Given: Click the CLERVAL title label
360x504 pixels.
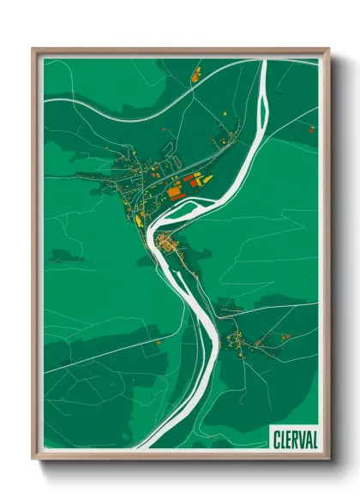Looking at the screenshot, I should [x=293, y=438].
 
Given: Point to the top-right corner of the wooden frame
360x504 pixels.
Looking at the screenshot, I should [x=327, y=50].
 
